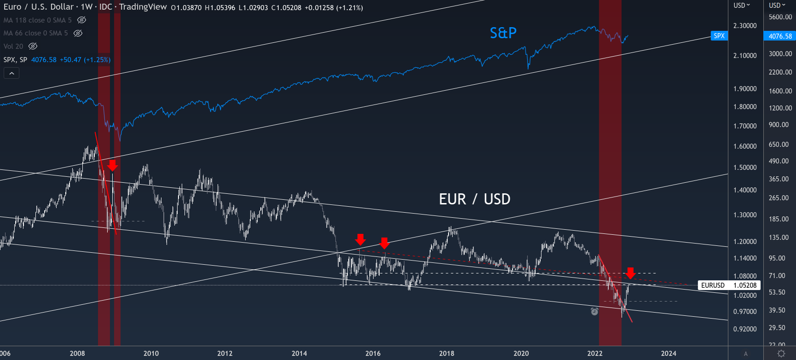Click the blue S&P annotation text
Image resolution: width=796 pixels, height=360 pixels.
tap(503, 33)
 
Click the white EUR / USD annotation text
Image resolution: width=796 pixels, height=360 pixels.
tap(474, 199)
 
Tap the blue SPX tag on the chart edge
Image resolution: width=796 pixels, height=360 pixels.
tap(719, 36)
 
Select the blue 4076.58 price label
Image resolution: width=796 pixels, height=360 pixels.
tap(780, 36)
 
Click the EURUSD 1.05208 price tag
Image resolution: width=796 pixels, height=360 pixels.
tap(729, 285)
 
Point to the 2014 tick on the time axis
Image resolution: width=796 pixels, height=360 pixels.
tap(299, 354)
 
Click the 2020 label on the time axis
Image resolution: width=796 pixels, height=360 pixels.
tap(521, 354)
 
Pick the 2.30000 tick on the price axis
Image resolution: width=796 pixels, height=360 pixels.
tap(745, 26)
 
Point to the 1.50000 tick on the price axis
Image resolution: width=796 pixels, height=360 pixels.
tap(745, 168)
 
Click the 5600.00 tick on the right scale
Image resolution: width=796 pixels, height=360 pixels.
tap(780, 17)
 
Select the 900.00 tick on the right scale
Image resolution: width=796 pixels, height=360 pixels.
tap(779, 125)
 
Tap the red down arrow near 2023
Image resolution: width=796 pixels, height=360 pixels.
tap(630, 273)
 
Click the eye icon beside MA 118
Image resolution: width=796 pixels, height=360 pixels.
tap(81, 20)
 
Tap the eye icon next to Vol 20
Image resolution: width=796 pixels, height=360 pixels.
tap(33, 46)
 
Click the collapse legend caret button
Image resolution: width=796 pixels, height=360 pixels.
tap(12, 73)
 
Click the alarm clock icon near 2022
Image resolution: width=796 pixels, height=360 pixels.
tap(594, 312)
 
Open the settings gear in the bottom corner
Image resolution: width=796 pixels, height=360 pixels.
tap(781, 354)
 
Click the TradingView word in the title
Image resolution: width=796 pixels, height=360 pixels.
tap(143, 7)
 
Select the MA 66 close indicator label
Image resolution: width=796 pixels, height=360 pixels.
tap(35, 33)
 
